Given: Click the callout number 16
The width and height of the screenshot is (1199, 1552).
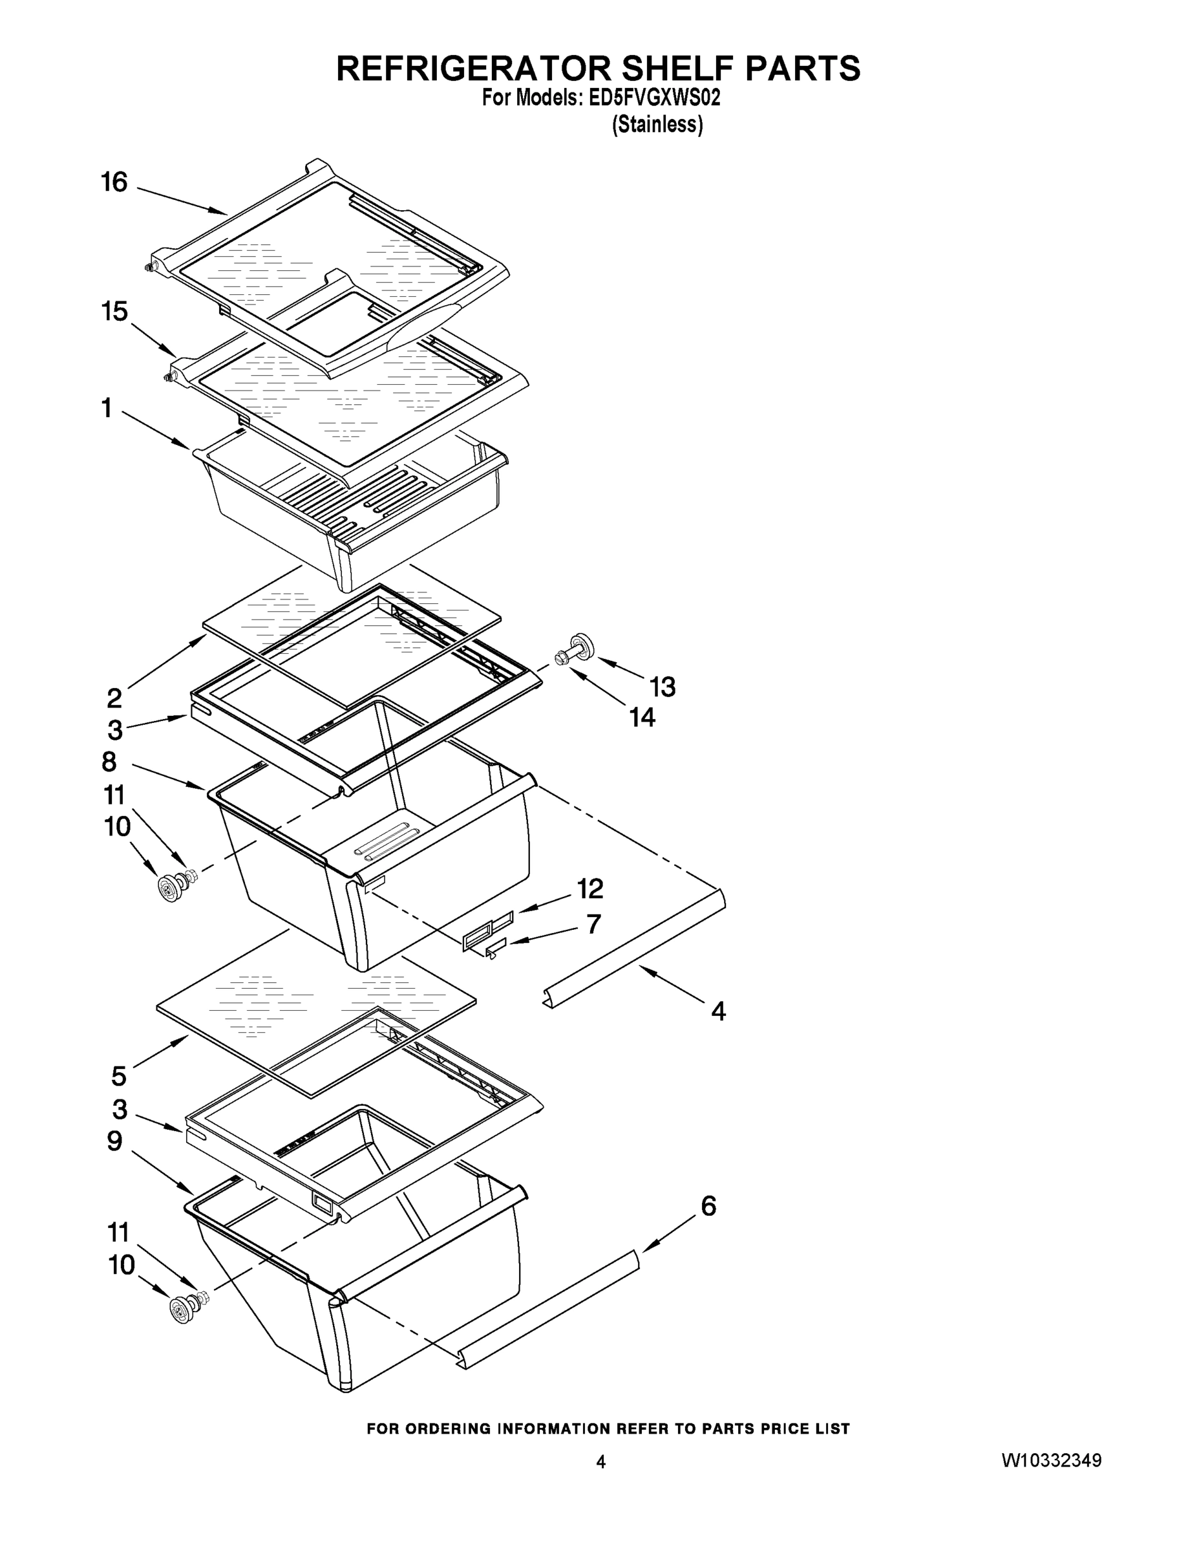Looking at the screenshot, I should (x=114, y=182).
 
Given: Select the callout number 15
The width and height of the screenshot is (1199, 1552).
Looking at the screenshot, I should (x=114, y=311).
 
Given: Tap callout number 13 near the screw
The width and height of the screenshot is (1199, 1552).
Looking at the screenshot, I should (x=662, y=687).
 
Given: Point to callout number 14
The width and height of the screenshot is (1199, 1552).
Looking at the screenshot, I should (x=642, y=718).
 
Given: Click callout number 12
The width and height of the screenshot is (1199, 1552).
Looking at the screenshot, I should (x=589, y=889).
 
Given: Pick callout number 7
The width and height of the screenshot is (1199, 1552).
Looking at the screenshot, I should (x=594, y=924).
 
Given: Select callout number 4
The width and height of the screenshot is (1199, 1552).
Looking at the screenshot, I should (x=718, y=1011).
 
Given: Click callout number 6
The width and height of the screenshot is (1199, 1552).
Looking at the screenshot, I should (x=708, y=1206).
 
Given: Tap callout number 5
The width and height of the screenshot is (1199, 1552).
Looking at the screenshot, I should (x=119, y=1076).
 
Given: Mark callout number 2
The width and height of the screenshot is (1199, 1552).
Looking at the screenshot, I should (x=114, y=698).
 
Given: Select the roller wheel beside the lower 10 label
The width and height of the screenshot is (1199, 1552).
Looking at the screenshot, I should (x=182, y=1309).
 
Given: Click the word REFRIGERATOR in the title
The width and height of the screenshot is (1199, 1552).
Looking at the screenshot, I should (x=472, y=69).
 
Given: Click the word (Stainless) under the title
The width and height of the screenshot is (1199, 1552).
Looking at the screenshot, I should (x=658, y=124).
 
